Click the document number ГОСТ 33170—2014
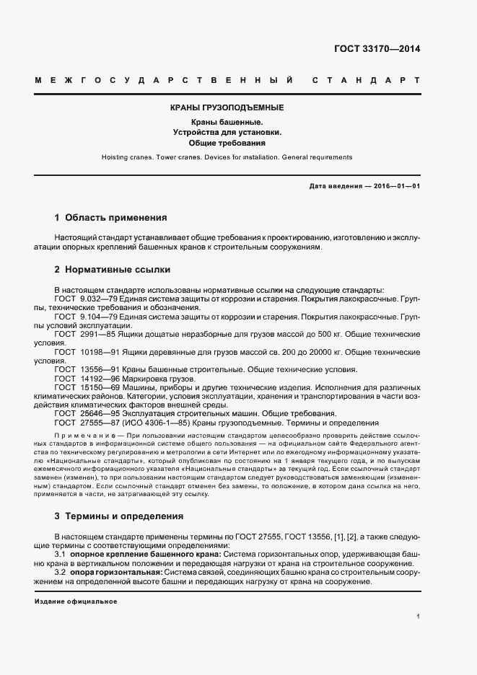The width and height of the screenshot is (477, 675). coord(377,50)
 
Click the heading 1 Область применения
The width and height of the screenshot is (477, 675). coord(110,217)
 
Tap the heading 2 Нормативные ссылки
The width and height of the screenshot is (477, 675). coord(112,270)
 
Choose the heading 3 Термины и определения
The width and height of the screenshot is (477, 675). coord(119,516)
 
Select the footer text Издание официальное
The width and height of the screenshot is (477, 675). coord(76,601)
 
